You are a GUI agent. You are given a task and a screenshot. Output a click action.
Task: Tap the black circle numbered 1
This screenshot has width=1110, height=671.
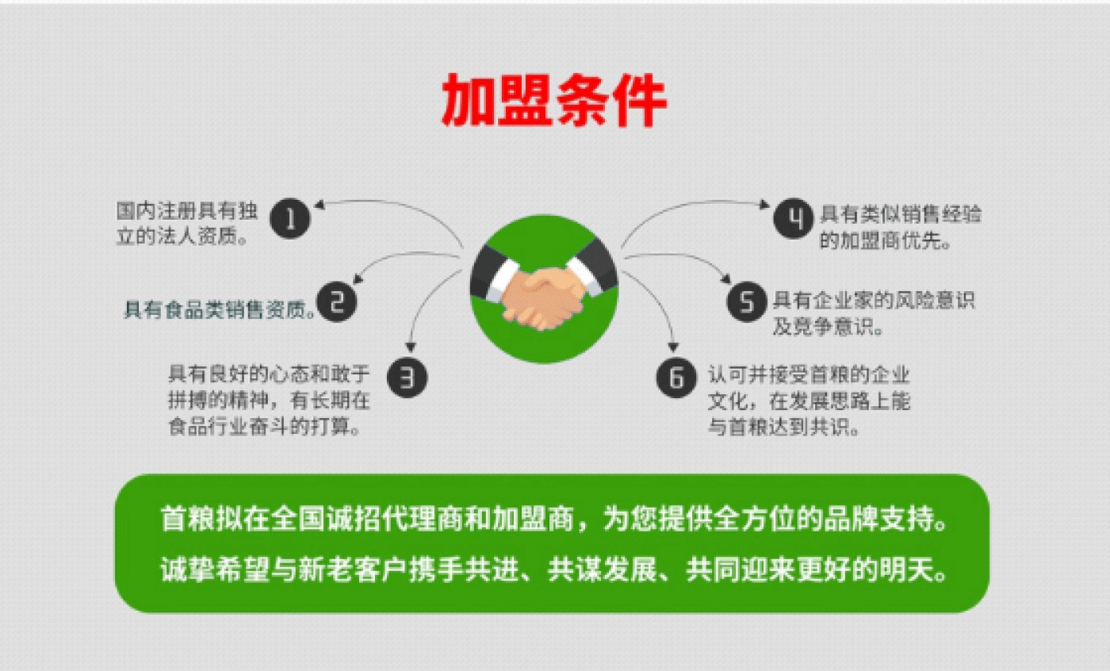(x=290, y=219)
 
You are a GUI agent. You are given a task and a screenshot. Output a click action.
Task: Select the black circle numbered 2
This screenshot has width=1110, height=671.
(x=337, y=302)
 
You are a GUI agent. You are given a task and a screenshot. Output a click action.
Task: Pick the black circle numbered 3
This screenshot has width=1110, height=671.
(x=407, y=377)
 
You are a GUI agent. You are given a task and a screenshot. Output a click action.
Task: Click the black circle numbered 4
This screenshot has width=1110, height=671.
(x=794, y=219)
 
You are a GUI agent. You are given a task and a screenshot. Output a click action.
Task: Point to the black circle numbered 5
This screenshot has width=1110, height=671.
(x=747, y=302)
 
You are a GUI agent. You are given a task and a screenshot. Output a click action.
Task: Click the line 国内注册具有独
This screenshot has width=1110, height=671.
(x=187, y=211)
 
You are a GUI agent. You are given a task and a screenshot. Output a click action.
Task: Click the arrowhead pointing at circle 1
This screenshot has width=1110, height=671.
(x=320, y=205)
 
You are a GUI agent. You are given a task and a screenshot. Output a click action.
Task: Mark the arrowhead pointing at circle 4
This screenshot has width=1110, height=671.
(x=764, y=204)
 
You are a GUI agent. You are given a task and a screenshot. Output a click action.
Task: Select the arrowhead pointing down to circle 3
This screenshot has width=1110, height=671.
(x=411, y=347)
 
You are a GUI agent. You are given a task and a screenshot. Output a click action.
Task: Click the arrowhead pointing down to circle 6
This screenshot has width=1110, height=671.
(x=673, y=347)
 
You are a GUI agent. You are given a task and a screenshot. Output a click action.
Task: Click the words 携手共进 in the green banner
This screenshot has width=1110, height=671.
(x=465, y=570)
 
